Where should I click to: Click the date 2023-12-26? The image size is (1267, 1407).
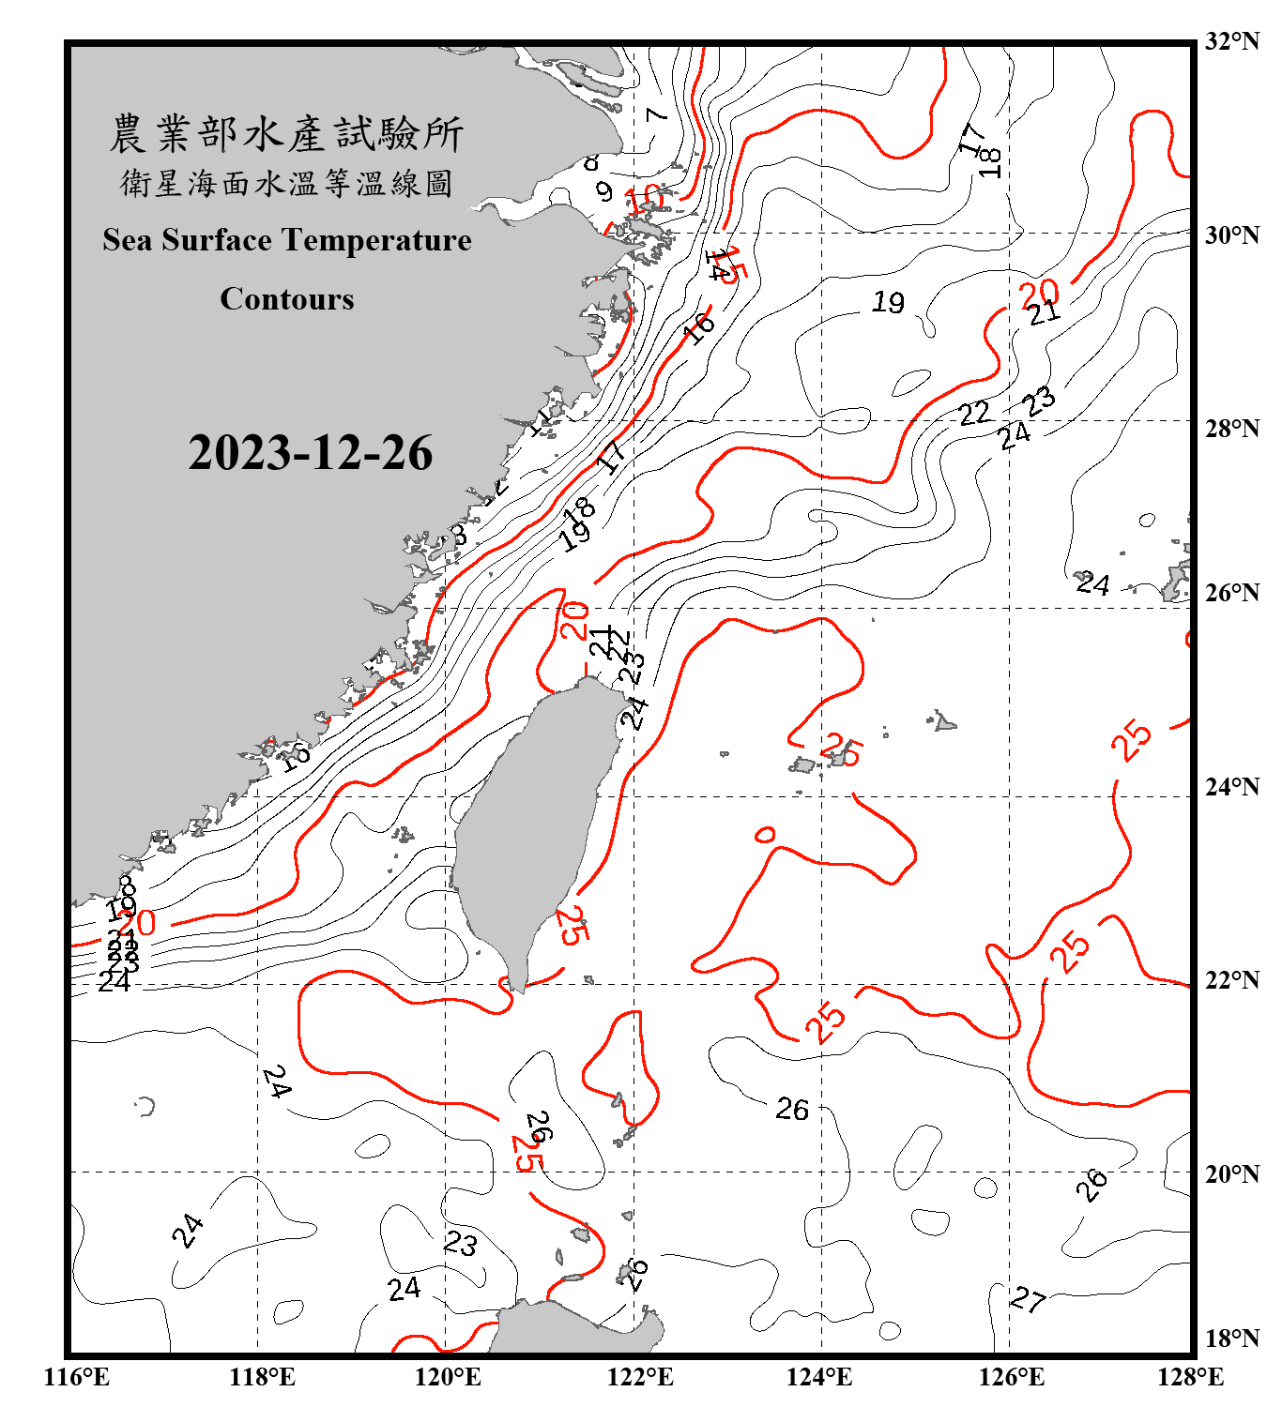[310, 453]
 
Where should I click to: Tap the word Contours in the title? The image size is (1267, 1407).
[287, 298]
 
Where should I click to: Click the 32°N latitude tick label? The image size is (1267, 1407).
[1231, 40]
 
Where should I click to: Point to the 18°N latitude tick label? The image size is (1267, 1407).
[1231, 1338]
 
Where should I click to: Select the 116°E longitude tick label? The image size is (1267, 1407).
[76, 1376]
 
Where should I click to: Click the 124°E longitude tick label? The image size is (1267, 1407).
[819, 1376]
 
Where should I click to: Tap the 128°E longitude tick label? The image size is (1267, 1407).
[1190, 1376]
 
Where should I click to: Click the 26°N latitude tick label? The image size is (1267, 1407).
[1231, 592]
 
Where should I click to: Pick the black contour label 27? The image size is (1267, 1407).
[1028, 1299]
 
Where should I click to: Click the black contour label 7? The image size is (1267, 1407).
[656, 114]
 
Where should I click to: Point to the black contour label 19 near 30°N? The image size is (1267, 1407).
[888, 302]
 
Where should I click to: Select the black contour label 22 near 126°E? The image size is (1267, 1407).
[974, 413]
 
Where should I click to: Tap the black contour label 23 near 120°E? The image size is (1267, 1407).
[460, 1244]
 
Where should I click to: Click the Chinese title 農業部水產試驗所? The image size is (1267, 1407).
[286, 134]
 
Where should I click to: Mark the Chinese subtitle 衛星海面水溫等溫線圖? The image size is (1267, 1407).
[286, 183]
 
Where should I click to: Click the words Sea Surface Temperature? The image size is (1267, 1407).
[287, 240]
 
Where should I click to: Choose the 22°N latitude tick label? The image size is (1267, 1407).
[1231, 979]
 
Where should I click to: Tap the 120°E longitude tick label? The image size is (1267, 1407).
[448, 1376]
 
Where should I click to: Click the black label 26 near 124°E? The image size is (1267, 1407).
[792, 1110]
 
